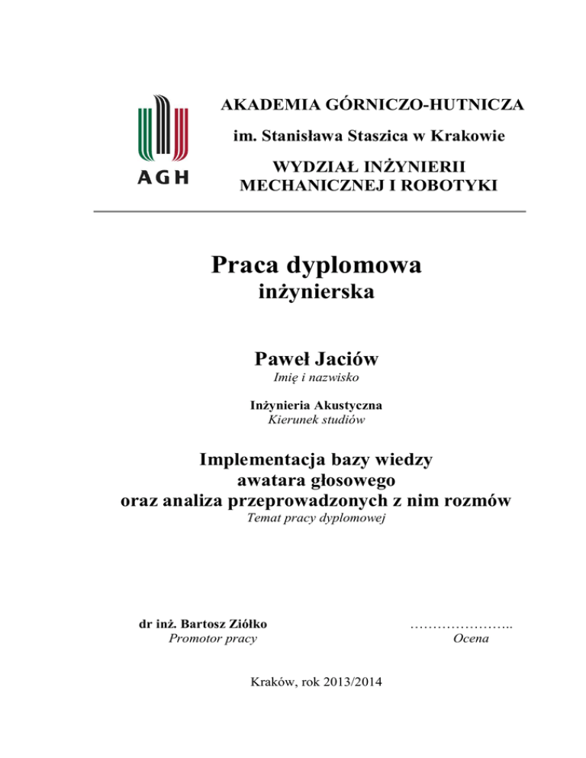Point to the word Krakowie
472,137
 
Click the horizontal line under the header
310,211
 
